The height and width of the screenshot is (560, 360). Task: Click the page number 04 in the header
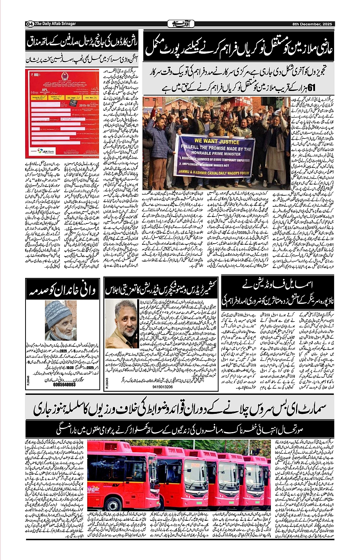click(29, 24)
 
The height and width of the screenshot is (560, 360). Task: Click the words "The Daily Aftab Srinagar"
click(55, 24)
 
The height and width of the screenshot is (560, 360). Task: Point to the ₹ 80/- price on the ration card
click(37, 75)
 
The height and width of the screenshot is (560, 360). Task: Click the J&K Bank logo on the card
click(46, 151)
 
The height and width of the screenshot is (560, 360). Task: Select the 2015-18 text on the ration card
click(85, 104)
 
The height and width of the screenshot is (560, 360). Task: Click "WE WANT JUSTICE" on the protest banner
click(217, 141)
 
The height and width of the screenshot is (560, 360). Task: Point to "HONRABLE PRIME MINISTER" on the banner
click(216, 153)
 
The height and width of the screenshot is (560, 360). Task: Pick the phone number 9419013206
click(162, 387)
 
